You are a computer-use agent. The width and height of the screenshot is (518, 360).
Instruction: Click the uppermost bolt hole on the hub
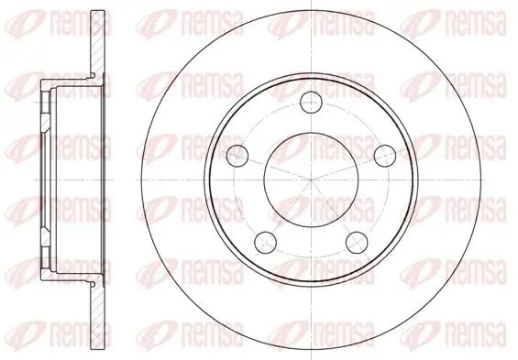tap(311, 102)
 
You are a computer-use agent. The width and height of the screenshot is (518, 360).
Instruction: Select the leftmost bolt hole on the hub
tap(237, 155)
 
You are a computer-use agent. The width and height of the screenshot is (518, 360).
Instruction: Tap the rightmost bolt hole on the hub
tap(385, 155)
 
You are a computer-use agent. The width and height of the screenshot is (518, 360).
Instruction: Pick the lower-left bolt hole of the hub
tap(265, 242)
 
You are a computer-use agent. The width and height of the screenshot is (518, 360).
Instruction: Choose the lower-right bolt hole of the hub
tap(357, 242)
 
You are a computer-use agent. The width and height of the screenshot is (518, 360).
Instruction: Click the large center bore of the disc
tap(311, 180)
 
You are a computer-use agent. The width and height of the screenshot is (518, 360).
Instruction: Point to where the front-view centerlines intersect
tap(311, 180)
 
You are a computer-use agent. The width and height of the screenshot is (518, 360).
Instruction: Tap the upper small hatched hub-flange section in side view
tap(46, 123)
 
